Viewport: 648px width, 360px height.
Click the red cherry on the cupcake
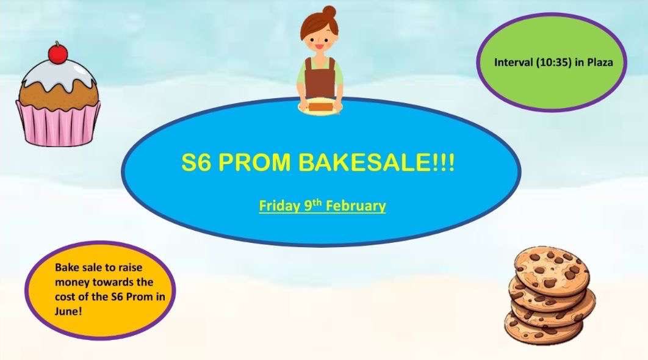coord(58,54)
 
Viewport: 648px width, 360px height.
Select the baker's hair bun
coord(329,12)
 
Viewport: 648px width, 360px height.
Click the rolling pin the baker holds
coord(321,106)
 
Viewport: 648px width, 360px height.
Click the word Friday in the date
coord(280,206)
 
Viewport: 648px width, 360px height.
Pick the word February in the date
coord(356,206)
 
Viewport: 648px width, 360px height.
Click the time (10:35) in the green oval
coord(553,62)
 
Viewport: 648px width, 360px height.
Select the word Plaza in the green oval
coord(600,62)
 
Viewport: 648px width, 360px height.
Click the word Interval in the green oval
coord(514,62)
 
